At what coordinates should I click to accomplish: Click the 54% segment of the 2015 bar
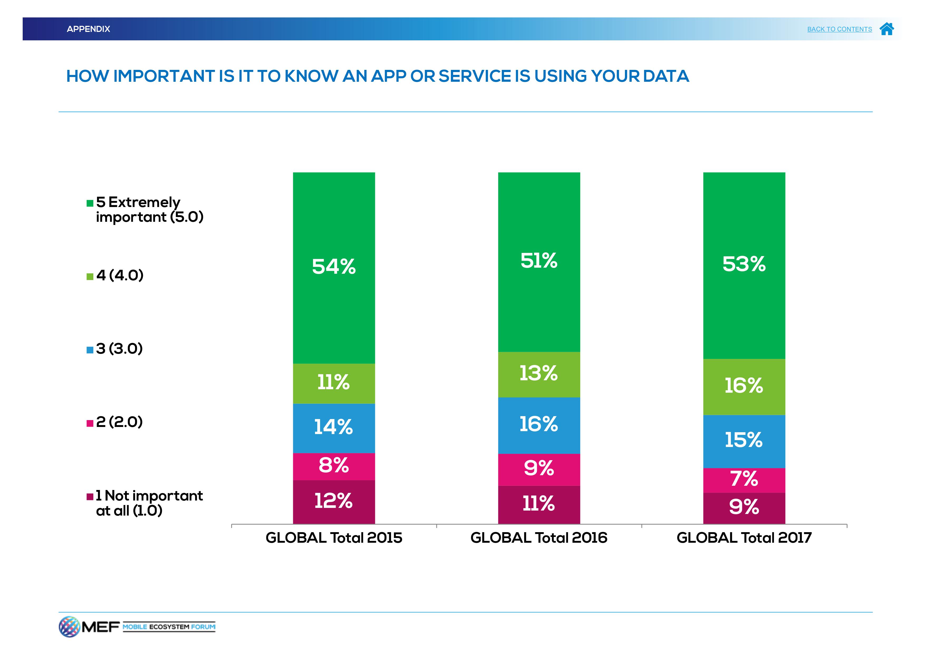pos(334,268)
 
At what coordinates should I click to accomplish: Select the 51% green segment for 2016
pos(539,262)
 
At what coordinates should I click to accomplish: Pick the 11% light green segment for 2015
pos(334,383)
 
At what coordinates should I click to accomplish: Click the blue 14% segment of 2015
pos(334,428)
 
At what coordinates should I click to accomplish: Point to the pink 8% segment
pos(334,466)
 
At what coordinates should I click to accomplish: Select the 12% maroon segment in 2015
pos(334,502)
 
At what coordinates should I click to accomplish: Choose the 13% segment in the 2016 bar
pos(539,374)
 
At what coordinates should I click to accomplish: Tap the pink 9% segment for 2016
pos(539,469)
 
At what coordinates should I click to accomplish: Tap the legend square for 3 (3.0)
pos(90,350)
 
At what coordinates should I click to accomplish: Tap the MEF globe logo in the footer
pos(69,627)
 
